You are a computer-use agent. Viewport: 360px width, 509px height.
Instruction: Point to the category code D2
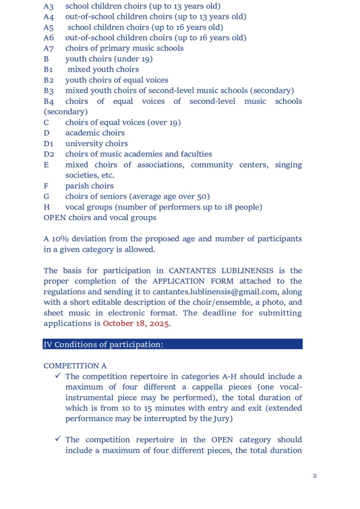pyautogui.click(x=49, y=154)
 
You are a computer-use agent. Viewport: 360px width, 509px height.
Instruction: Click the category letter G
pyautogui.click(x=46, y=196)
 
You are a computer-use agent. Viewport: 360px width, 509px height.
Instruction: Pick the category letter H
pyautogui.click(x=46, y=207)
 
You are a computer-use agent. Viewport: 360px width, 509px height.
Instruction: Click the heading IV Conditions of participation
pyautogui.click(x=103, y=344)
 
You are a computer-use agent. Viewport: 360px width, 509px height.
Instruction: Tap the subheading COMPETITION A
pyautogui.click(x=75, y=366)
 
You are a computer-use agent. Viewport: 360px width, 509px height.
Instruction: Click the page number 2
pyautogui.click(x=315, y=476)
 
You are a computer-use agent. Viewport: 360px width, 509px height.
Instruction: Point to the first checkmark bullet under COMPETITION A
pyautogui.click(x=58, y=376)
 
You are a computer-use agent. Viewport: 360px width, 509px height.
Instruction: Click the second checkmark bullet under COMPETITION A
pyautogui.click(x=58, y=439)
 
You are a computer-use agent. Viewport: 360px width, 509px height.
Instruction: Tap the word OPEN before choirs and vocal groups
pyautogui.click(x=55, y=218)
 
